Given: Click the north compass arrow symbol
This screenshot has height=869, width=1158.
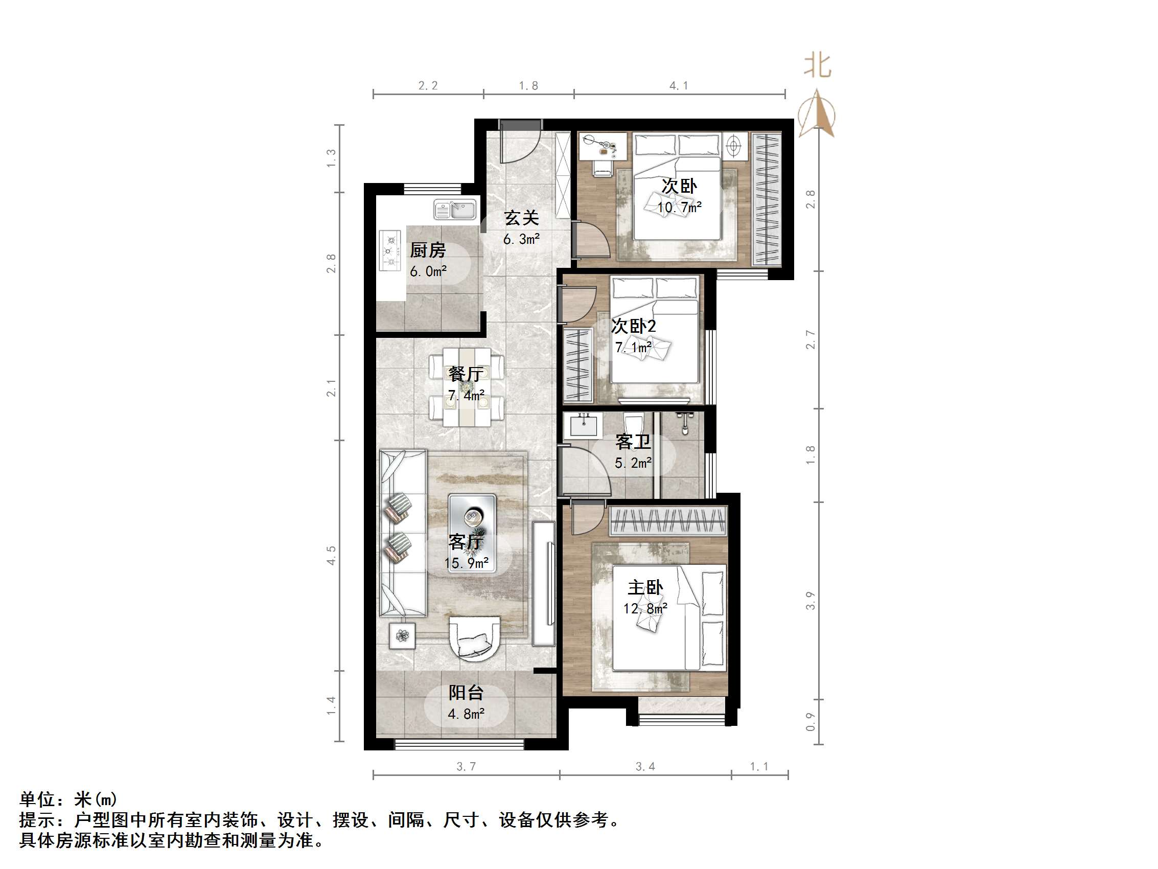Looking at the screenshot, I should coord(817,113).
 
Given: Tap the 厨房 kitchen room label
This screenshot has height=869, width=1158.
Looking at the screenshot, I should coord(428,250).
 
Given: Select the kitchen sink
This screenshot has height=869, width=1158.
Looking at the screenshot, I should coord(455,210).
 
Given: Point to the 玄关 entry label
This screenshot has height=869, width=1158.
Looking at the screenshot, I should coord(521,218).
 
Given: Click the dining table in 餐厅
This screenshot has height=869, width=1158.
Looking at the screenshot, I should coord(467,386).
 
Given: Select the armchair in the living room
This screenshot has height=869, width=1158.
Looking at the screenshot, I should coord(474,639).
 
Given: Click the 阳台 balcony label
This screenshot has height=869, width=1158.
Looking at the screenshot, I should coord(466,693).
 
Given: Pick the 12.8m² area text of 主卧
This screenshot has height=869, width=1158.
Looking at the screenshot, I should coord(645,609).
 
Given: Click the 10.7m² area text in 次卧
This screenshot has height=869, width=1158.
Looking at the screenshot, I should coord(679,208).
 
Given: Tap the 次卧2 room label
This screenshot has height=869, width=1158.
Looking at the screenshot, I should coord(634,326).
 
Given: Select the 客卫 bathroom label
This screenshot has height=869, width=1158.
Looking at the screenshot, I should coord(633,442).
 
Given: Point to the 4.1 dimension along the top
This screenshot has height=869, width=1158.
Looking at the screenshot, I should coord(679,85).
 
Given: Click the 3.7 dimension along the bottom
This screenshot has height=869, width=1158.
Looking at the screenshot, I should coord(466,766).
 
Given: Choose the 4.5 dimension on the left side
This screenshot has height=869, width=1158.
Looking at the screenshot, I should coord(331,555).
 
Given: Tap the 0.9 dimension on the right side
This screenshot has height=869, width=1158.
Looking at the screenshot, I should coord(810,721).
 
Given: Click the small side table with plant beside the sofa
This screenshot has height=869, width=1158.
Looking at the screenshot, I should coord(402,636).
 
